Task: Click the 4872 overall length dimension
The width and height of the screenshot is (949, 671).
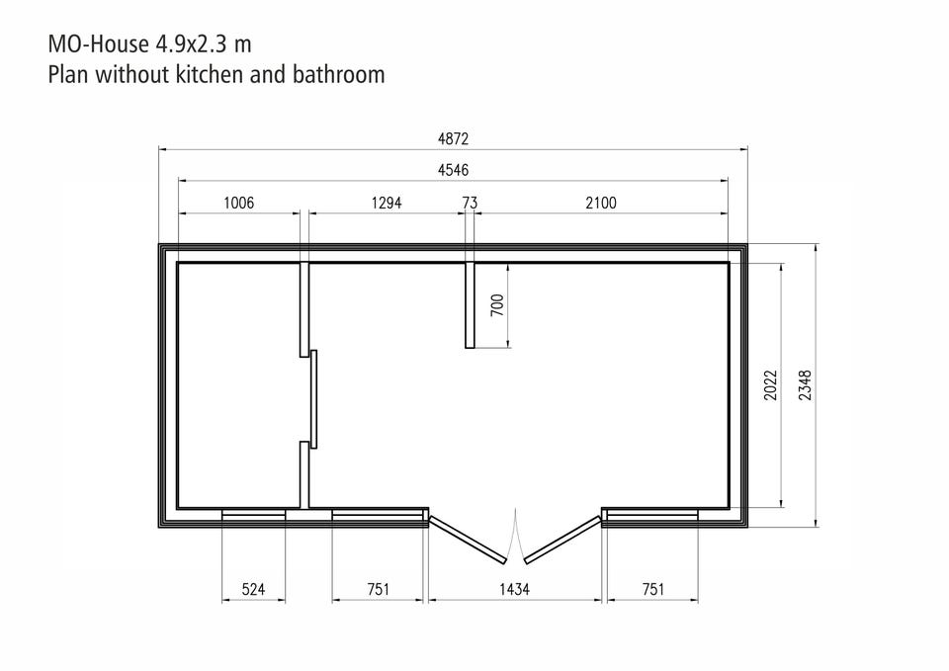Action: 454,139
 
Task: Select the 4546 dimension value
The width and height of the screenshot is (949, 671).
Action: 454,170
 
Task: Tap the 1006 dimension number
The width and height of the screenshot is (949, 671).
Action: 238,203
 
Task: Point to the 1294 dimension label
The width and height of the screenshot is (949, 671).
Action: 387,203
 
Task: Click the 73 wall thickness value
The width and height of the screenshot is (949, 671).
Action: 470,203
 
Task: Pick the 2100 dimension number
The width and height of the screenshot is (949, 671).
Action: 600,203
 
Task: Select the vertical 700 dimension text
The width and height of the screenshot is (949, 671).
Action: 497,305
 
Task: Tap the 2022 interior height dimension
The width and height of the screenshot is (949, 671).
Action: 770,385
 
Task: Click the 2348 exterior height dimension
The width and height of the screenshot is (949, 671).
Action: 805,385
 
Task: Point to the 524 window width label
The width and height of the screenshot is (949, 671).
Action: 253,589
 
